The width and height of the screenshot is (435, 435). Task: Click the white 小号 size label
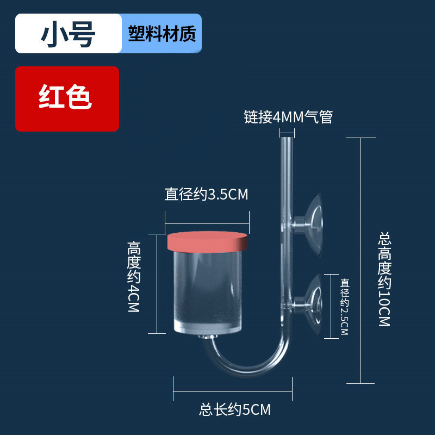(67, 34)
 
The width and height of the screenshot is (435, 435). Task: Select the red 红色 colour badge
(66, 99)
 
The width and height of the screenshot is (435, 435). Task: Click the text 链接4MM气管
(288, 117)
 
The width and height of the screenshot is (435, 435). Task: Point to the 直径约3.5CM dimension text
(207, 195)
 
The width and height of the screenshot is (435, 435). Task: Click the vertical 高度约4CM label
(134, 277)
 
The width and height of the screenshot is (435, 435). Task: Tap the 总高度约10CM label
(384, 279)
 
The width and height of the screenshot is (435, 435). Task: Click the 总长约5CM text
(235, 409)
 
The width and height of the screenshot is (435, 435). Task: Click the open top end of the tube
(287, 140)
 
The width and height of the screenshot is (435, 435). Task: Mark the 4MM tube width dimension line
(287, 131)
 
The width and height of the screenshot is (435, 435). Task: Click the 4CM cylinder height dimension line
(157, 283)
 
